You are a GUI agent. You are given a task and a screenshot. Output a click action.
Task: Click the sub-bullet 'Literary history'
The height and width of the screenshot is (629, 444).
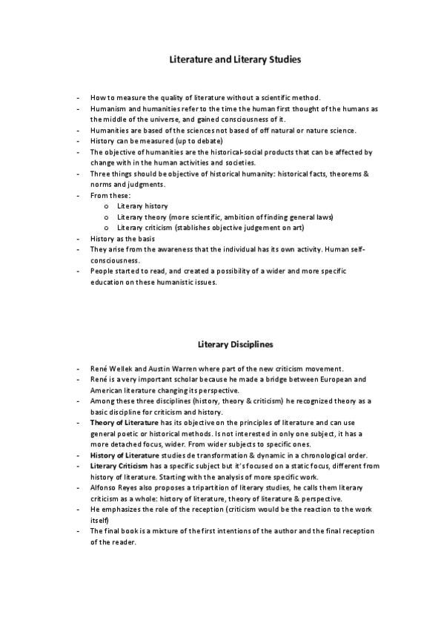tap(142, 205)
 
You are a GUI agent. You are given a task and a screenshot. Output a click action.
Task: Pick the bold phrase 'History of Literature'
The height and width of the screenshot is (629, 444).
tap(122, 455)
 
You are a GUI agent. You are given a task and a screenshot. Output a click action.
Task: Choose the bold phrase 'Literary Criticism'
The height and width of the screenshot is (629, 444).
tap(117, 466)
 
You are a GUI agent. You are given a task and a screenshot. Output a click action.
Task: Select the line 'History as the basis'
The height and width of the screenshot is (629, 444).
tap(126, 238)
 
